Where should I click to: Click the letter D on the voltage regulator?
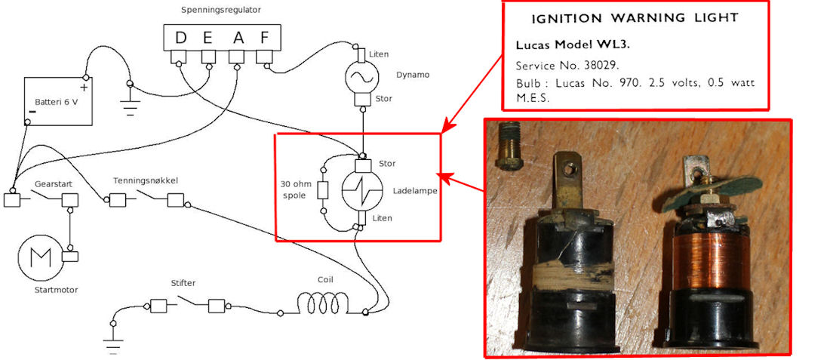tap(181, 38)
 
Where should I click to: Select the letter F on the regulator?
tap(264, 38)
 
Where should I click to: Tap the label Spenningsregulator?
tap(221, 10)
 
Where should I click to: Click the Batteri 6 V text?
tap(56, 102)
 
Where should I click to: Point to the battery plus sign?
tap(83, 88)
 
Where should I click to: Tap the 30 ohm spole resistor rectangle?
tap(323, 190)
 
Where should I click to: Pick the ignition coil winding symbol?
tap(323, 304)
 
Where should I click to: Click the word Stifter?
tap(183, 283)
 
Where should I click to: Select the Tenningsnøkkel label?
tap(146, 180)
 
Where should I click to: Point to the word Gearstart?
tap(53, 184)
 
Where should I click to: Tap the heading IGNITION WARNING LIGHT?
tap(635, 19)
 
